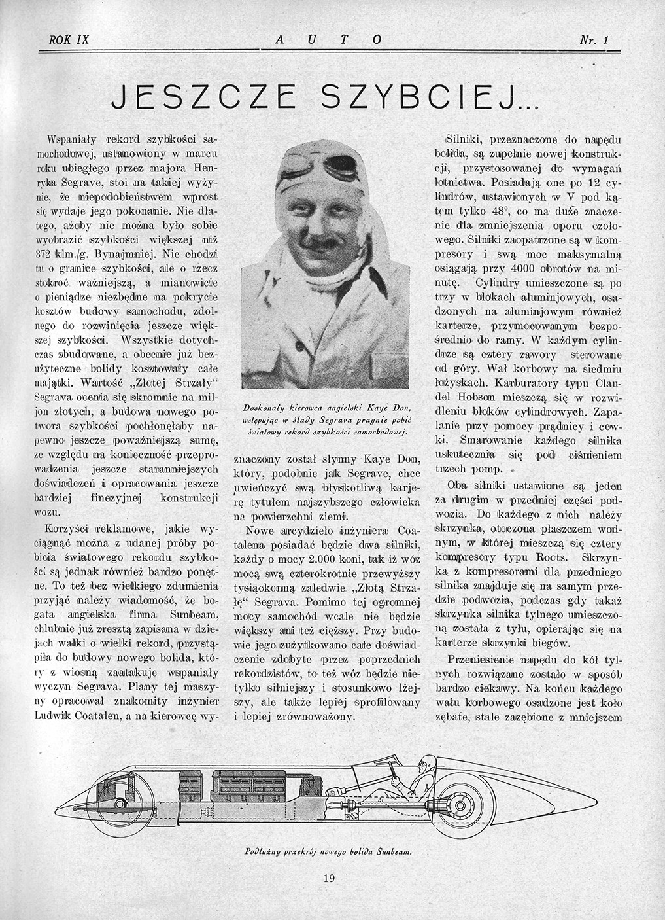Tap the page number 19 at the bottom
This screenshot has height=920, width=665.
coord(329,878)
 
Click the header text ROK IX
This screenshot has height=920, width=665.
coord(69,40)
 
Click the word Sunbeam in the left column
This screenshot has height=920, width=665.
coord(170,615)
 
